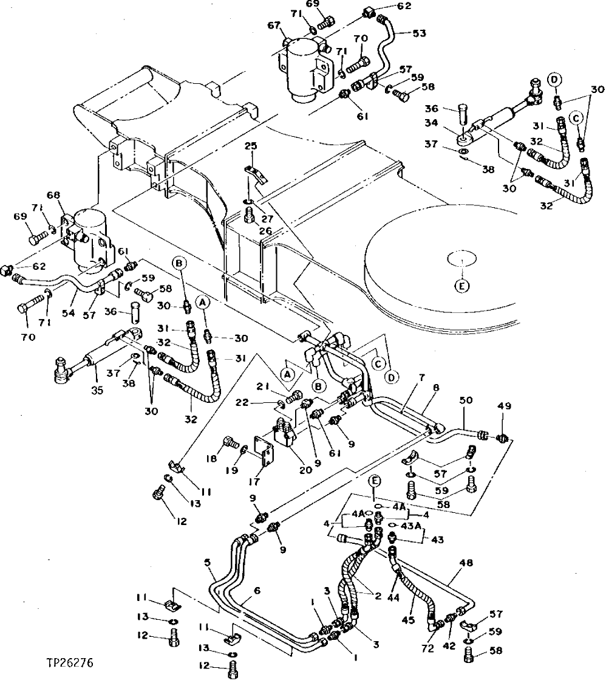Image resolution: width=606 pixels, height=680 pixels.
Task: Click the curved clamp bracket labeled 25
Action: click(x=256, y=173)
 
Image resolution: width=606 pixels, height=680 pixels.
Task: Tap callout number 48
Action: click(x=466, y=563)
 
